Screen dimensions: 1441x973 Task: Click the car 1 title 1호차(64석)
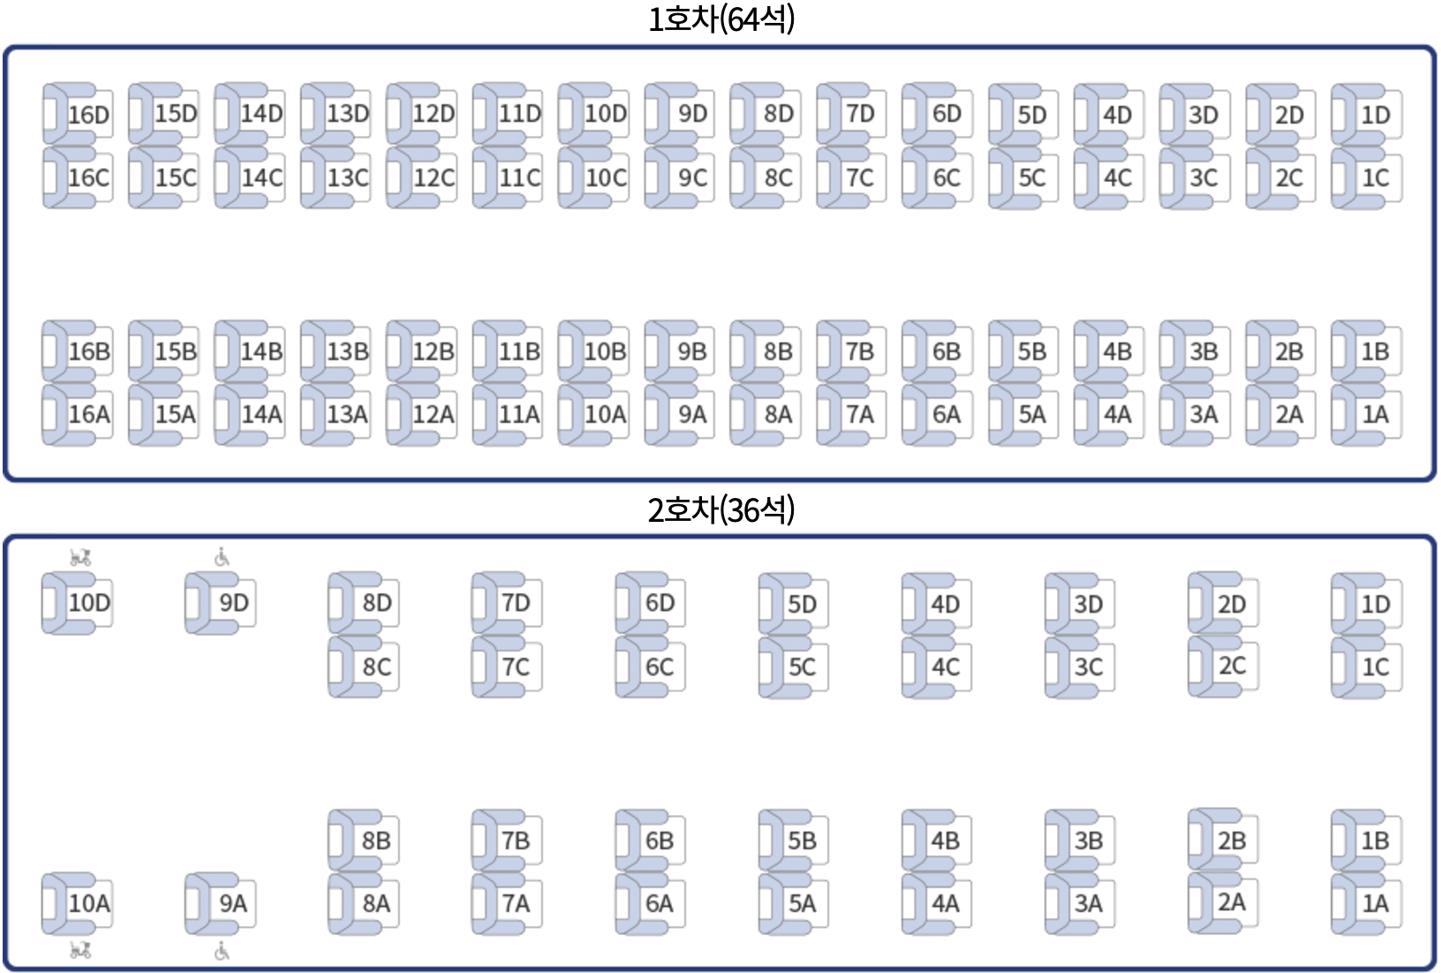pyautogui.click(x=720, y=19)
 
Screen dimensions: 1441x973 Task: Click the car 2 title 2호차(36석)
pyautogui.click(x=720, y=509)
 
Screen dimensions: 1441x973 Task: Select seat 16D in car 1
pyautogui.click(x=79, y=115)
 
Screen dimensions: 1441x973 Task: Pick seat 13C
pyautogui.click(x=336, y=177)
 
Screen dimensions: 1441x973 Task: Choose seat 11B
pyautogui.click(x=509, y=351)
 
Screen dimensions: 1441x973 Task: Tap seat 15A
pyautogui.click(x=165, y=414)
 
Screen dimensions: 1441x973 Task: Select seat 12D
pyautogui.click(x=423, y=115)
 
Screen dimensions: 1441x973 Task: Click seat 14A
pyautogui.click(x=251, y=414)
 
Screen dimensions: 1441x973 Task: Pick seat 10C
pyautogui.click(x=594, y=177)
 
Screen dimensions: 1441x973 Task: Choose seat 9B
pyautogui.click(x=681, y=351)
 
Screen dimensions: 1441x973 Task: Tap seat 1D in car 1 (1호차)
pyautogui.click(x=1368, y=115)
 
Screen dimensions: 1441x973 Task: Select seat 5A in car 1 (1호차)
pyautogui.click(x=1024, y=414)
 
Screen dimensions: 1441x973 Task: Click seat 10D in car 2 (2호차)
pyautogui.click(x=79, y=603)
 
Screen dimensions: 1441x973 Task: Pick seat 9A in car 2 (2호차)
pyautogui.click(x=222, y=903)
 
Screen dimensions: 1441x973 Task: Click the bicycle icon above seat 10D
pyautogui.click(x=80, y=557)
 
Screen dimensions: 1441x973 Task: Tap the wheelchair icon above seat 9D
pyautogui.click(x=222, y=557)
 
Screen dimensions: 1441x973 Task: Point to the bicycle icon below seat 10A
pyautogui.click(x=80, y=950)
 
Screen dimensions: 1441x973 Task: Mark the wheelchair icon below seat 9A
pyautogui.click(x=222, y=951)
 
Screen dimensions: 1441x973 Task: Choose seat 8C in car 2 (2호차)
pyautogui.click(x=365, y=667)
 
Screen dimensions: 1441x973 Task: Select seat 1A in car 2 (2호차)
pyautogui.click(x=1368, y=903)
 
